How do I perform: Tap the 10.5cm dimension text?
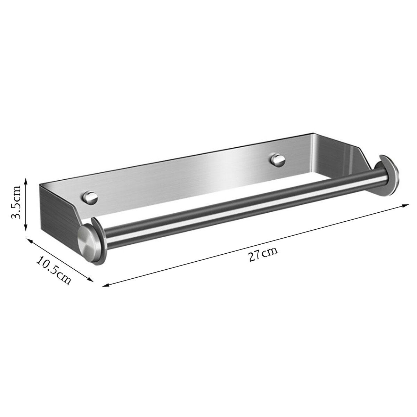point(54,270)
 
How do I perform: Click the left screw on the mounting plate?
point(90,197)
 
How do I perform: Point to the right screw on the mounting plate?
point(278,160)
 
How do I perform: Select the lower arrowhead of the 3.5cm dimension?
point(26,228)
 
